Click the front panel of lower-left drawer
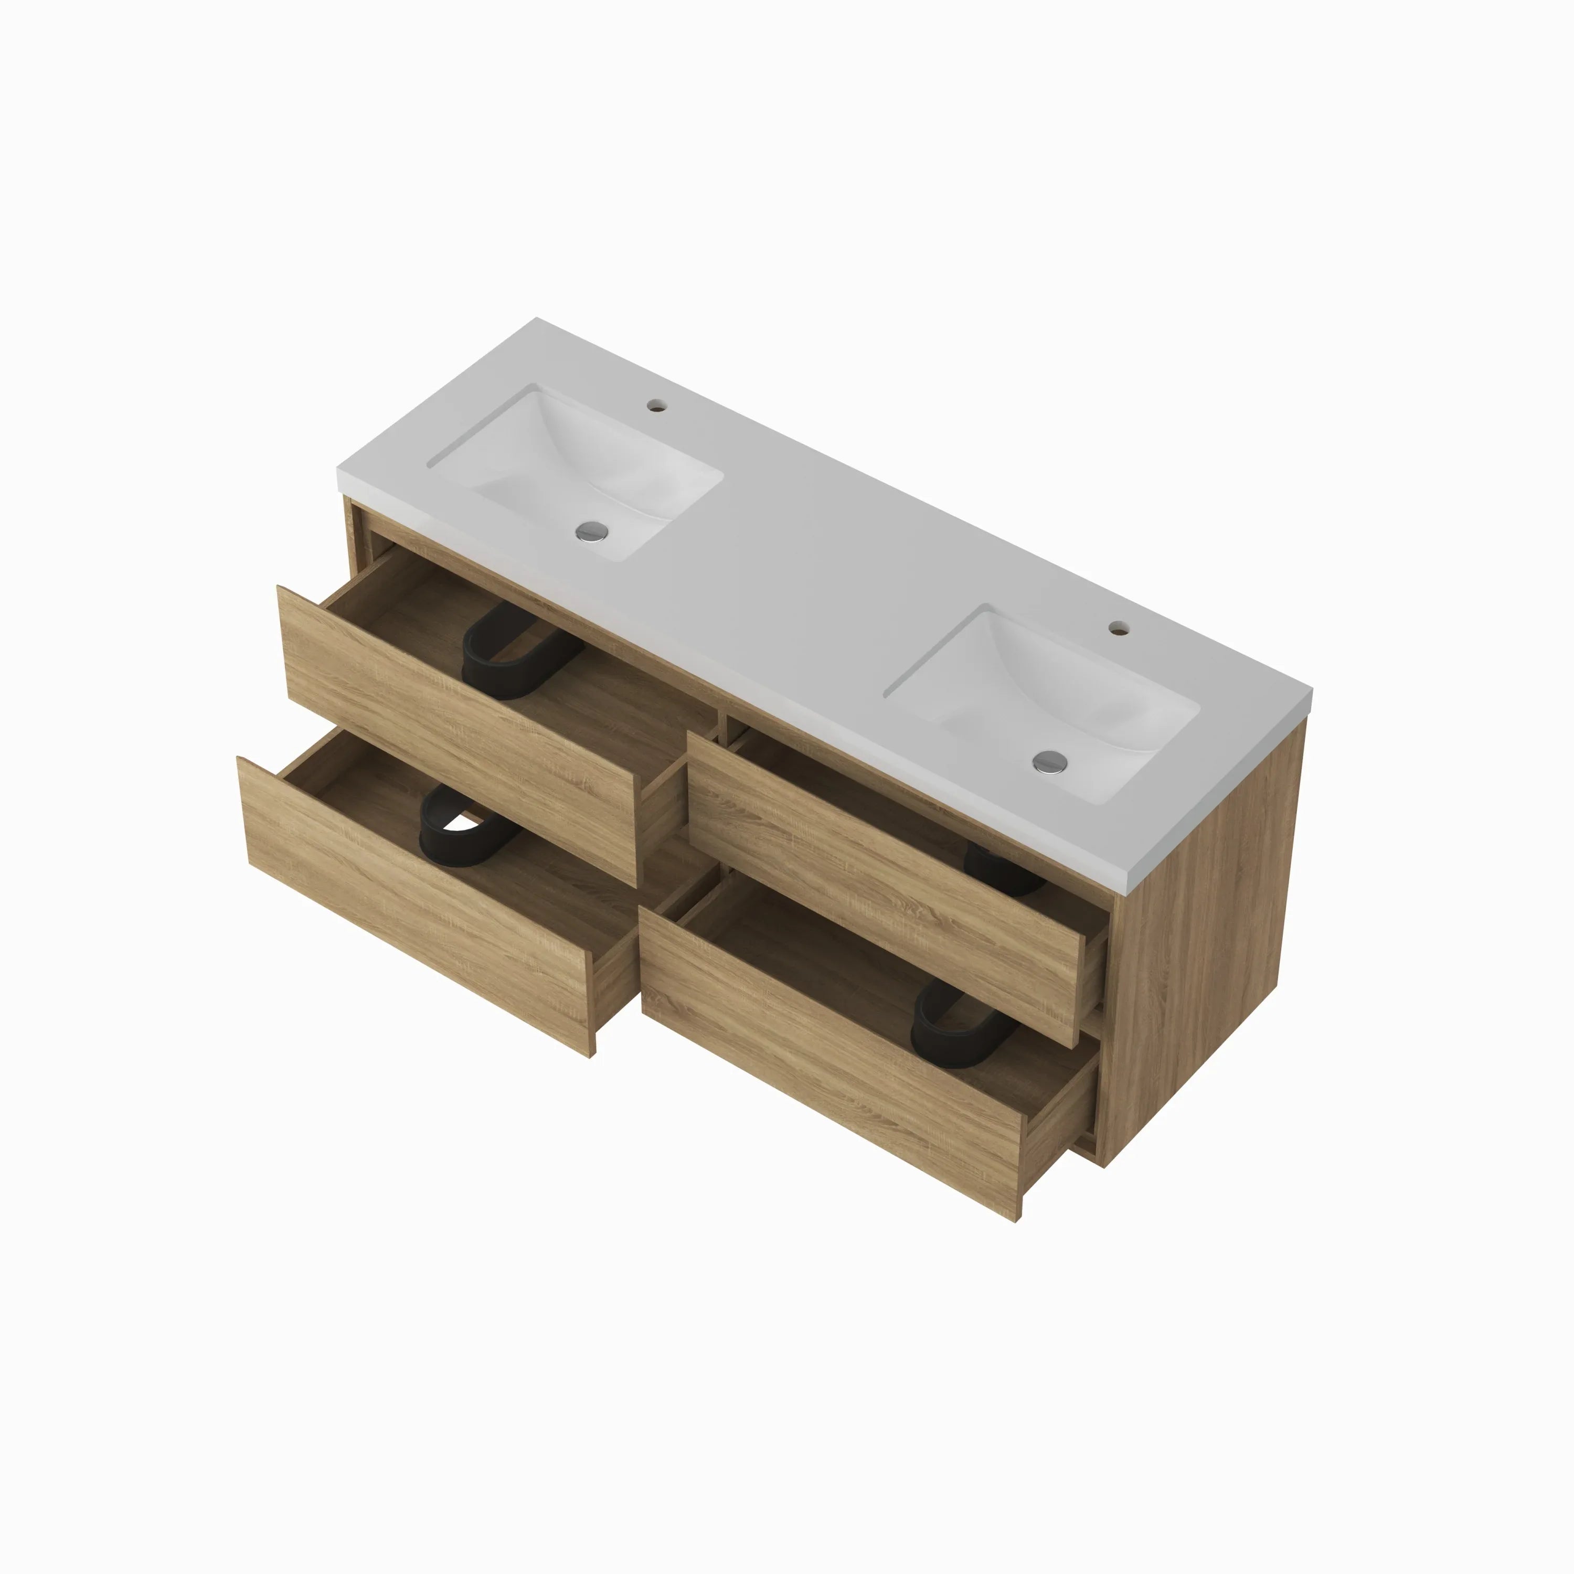(416, 905)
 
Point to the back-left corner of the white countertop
(538, 320)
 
